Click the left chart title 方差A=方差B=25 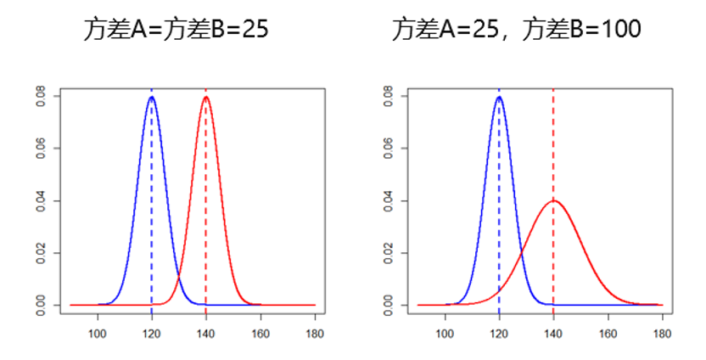point(176,31)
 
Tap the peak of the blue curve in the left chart point(152,97)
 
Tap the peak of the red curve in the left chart point(206,97)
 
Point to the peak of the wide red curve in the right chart point(553,201)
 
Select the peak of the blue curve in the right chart point(499,97)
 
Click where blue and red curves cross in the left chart point(179,277)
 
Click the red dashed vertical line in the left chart point(206,212)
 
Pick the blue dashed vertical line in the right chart point(499,212)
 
